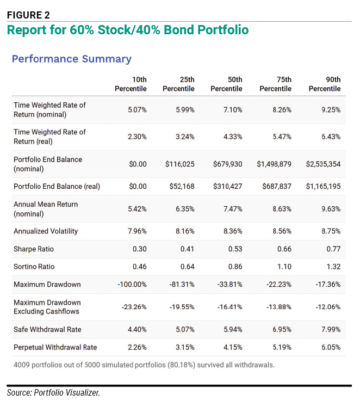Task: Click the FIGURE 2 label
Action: point(28,15)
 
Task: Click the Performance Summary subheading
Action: point(72,59)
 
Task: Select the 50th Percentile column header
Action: point(226,84)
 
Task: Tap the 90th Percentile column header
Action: point(325,84)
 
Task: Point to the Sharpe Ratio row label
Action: point(34,249)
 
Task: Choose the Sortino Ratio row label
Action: point(34,267)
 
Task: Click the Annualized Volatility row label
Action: point(46,231)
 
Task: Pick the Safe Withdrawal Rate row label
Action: point(47,329)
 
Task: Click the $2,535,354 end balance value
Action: point(323,164)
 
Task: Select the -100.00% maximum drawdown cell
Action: point(132,285)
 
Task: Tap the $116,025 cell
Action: point(180,164)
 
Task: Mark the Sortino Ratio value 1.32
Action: point(333,267)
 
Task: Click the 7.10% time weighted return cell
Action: point(233,110)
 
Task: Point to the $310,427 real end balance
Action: point(228,187)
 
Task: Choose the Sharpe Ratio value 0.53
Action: point(235,249)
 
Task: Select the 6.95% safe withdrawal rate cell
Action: point(282,330)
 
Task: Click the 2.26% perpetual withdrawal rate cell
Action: point(137,347)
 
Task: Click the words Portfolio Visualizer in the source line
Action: point(67,393)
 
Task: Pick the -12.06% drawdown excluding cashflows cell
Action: point(328,307)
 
